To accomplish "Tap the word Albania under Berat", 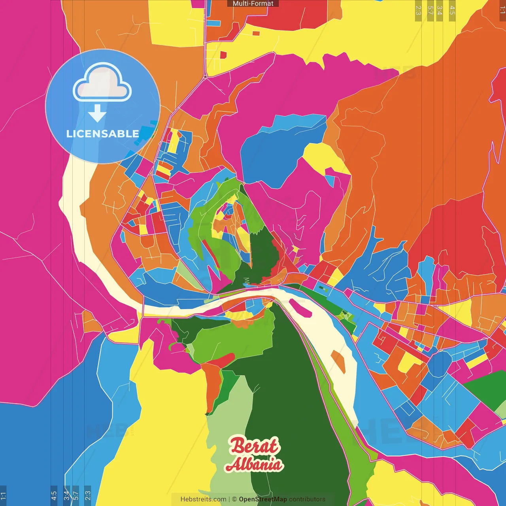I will (x=254, y=464).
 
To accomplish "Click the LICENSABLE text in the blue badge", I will (x=102, y=134).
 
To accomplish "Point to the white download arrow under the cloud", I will (x=97, y=113).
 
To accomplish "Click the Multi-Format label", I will (x=253, y=4).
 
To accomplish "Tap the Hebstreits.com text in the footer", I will (x=203, y=499).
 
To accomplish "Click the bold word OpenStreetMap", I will (x=263, y=499).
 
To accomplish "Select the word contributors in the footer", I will (x=307, y=499).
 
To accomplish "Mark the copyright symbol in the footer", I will (x=234, y=499).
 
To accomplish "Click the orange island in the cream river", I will (x=338, y=361).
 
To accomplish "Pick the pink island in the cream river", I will (x=300, y=308).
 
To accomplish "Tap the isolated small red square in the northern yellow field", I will (x=223, y=55).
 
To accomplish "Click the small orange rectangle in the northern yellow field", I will (x=256, y=33).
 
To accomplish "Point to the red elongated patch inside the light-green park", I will (x=220, y=360).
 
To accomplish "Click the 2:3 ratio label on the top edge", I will (x=418, y=10).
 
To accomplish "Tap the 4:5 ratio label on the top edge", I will (x=452, y=10).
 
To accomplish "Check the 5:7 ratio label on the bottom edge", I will (x=76, y=495).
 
